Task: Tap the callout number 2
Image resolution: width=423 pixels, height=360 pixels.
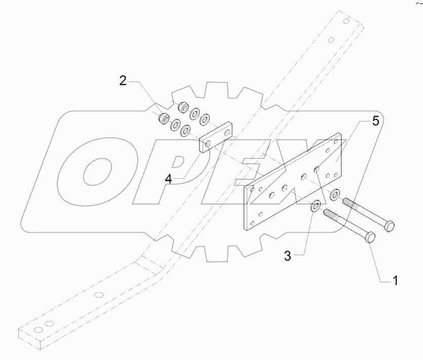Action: tap(123, 81)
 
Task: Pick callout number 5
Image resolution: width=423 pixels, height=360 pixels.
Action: tap(375, 121)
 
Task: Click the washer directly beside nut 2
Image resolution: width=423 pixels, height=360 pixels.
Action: tap(176, 124)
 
